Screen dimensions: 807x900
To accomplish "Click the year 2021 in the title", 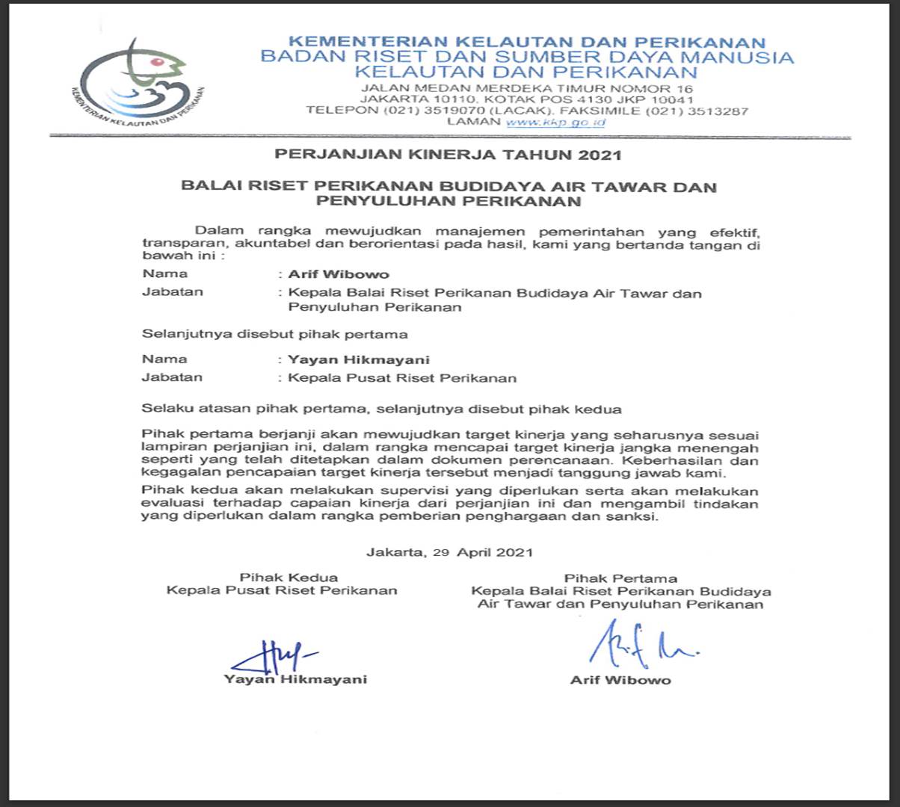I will click(x=600, y=155).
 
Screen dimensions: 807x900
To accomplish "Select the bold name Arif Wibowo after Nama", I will click(x=339, y=274).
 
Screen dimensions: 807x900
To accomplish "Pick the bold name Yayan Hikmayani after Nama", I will click(x=359, y=359).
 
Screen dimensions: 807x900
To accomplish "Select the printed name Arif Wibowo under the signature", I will click(x=620, y=680).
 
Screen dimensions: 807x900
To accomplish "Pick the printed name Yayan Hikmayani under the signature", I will click(x=295, y=679).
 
